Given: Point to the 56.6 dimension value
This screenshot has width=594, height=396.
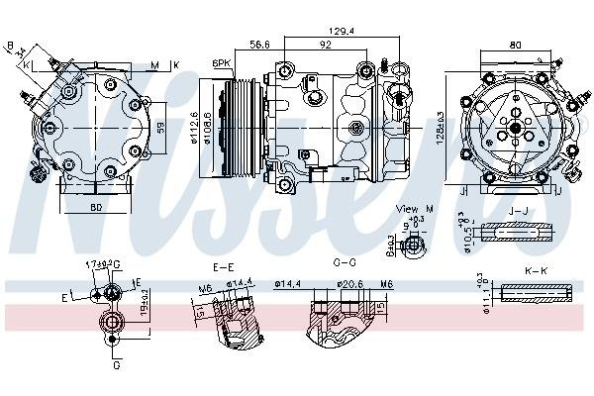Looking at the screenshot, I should click(x=260, y=45).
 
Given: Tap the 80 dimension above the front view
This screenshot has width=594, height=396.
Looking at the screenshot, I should click(x=514, y=44).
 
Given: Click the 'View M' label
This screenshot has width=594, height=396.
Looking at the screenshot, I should click(x=408, y=209).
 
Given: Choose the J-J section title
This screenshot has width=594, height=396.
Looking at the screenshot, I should click(x=517, y=210).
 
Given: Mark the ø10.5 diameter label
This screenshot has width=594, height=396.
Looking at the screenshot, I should click(x=462, y=232).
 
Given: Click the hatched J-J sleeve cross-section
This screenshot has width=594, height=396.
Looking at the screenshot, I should click(x=517, y=233).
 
